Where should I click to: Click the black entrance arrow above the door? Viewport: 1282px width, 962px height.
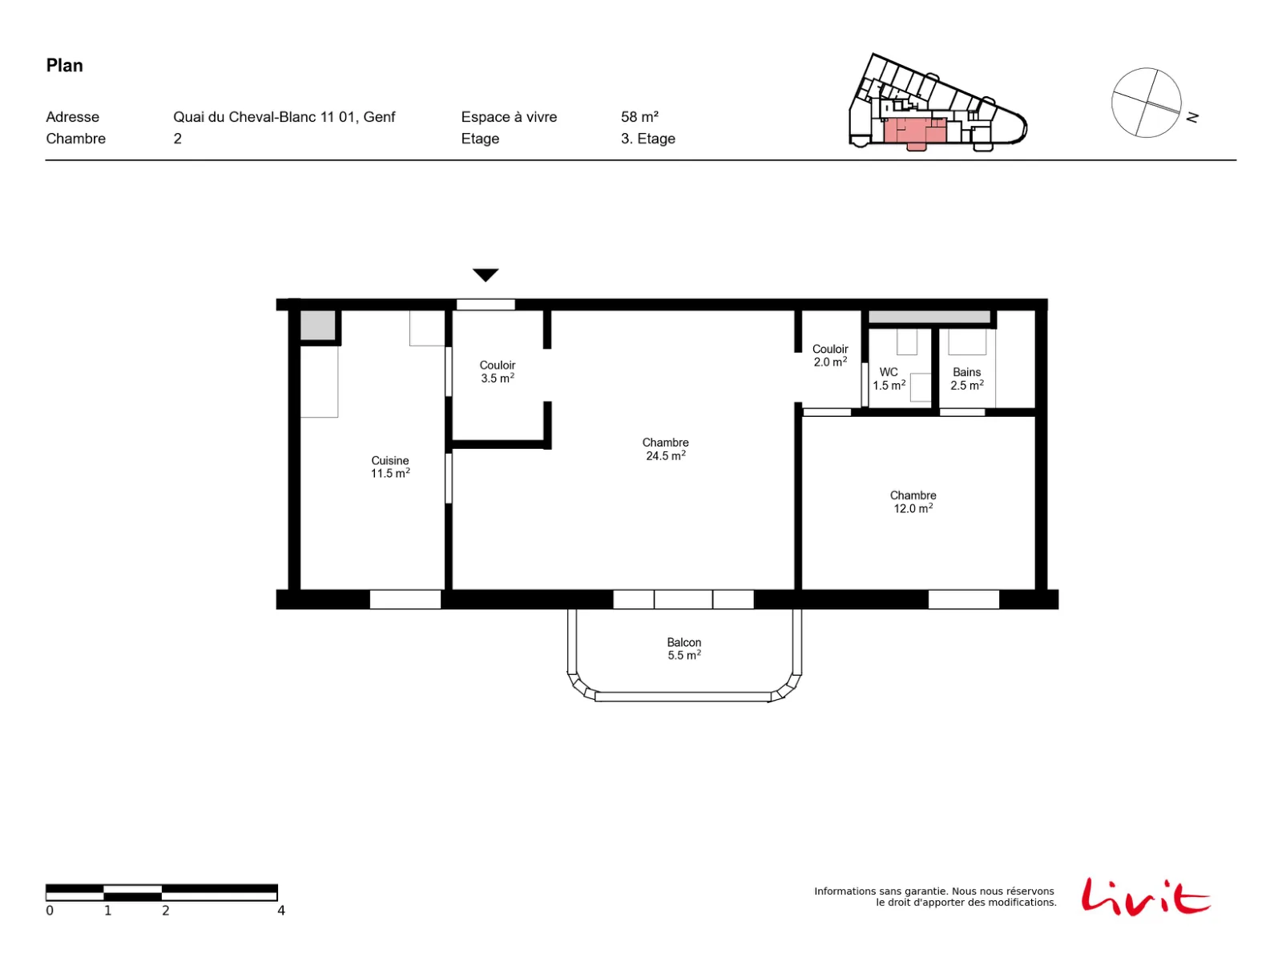[x=485, y=274]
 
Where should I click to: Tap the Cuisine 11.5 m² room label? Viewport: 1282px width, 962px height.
[x=389, y=467]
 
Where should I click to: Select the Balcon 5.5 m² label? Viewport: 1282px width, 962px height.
[x=683, y=649]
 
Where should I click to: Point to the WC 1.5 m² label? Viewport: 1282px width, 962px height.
[x=889, y=378]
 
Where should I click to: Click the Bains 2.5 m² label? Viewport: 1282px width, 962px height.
[x=966, y=378]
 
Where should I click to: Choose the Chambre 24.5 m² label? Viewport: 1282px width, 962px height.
[x=665, y=449]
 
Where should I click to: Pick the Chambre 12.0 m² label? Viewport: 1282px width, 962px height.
[x=913, y=501]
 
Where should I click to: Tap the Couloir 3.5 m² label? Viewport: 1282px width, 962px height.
[x=497, y=371]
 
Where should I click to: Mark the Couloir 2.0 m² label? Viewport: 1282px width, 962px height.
[x=829, y=354]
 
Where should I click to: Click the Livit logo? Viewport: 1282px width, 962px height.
[x=1145, y=895]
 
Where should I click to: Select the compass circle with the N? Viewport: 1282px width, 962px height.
[x=1146, y=103]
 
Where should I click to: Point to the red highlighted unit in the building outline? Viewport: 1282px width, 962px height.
[x=914, y=132]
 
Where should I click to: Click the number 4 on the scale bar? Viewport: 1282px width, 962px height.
[x=281, y=910]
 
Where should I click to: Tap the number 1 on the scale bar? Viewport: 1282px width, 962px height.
[x=107, y=910]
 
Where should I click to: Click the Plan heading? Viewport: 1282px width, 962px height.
[x=64, y=66]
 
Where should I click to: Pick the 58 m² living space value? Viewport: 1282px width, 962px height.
[x=639, y=117]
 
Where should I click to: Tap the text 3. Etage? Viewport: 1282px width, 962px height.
[x=647, y=139]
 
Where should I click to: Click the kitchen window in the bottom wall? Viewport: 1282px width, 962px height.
[x=405, y=600]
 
